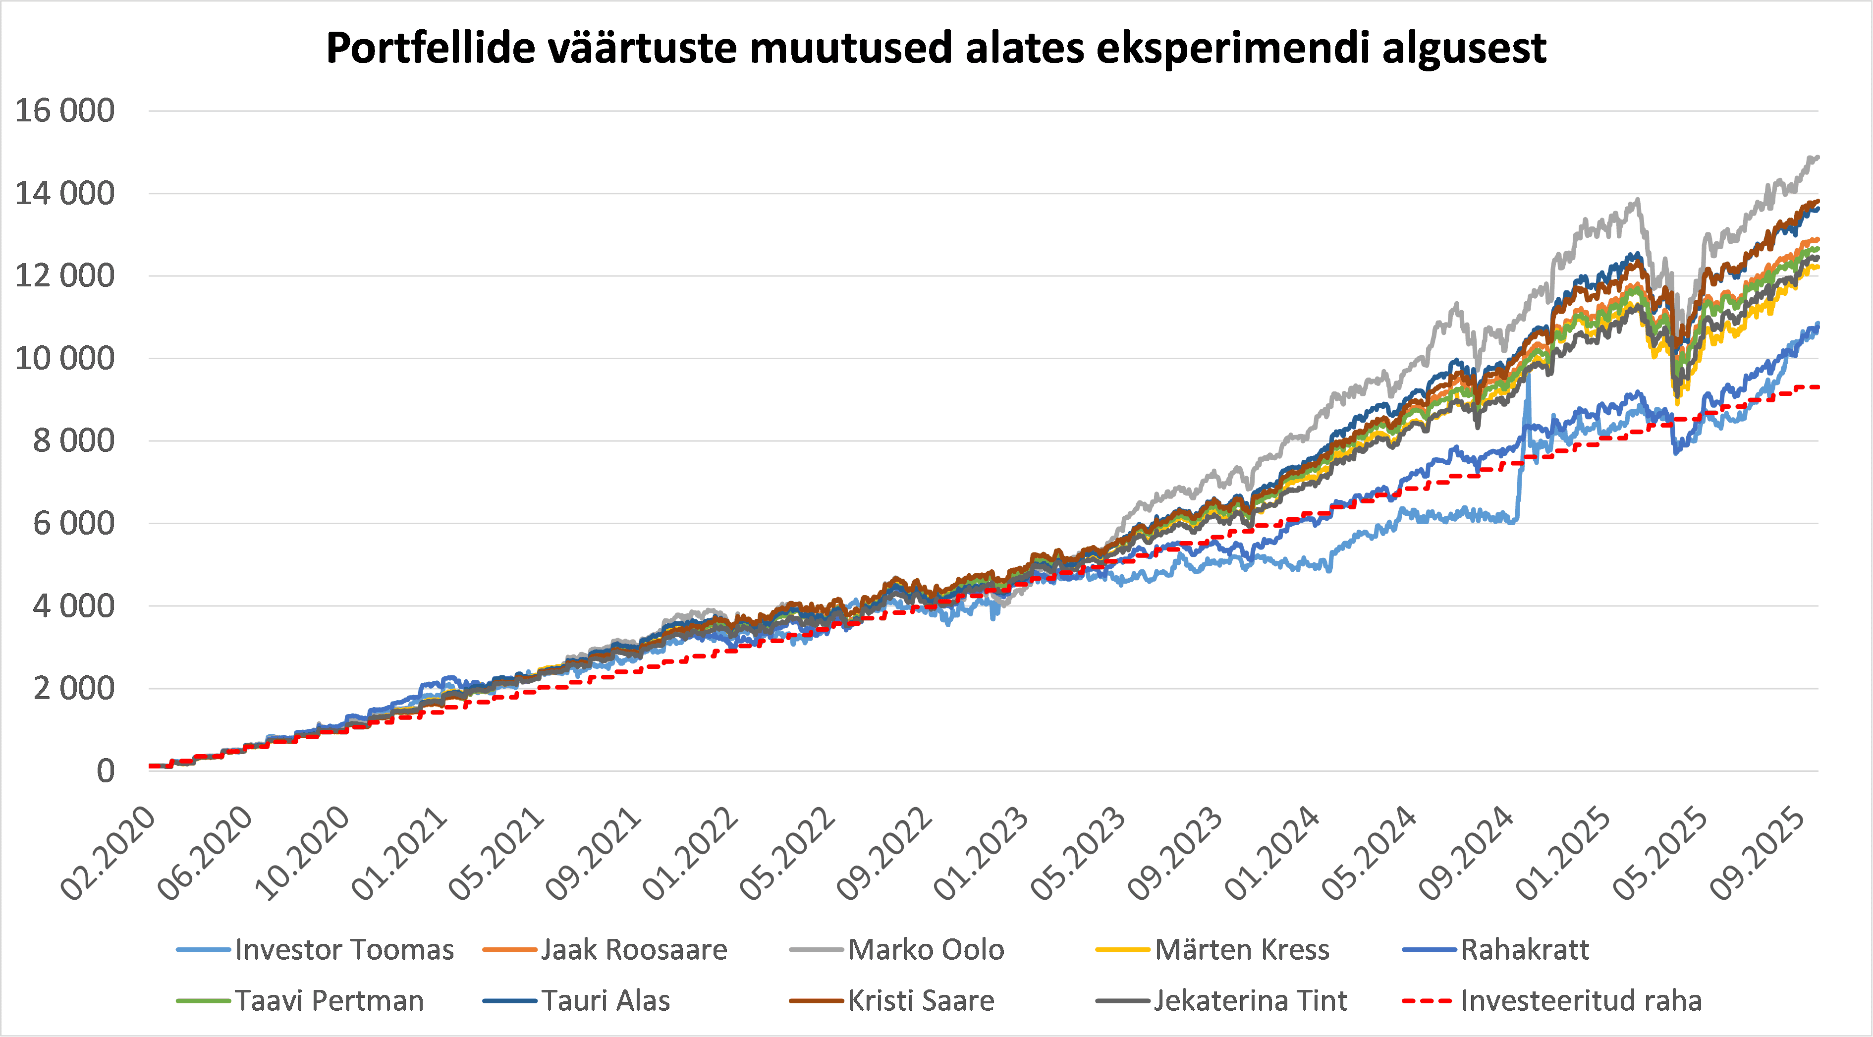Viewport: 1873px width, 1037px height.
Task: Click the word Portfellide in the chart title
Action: [430, 48]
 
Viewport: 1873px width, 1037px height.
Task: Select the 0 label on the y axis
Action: [106, 771]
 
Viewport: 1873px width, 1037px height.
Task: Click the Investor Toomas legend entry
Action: [344, 950]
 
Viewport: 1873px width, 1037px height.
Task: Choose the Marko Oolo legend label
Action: [926, 950]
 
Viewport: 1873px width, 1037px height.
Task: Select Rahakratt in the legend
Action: [1525, 950]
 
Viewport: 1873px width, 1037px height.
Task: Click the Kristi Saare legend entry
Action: [921, 1001]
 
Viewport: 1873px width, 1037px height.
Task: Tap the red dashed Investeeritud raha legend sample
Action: [1427, 1001]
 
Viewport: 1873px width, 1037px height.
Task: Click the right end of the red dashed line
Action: [1817, 387]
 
